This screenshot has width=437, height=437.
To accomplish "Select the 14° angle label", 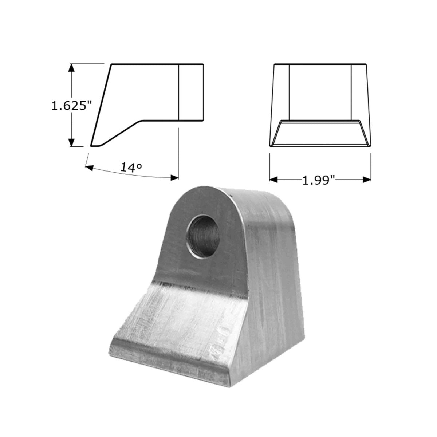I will tap(131, 167).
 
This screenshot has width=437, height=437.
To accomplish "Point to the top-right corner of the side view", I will tap(203, 64).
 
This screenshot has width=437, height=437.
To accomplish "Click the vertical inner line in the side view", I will tap(178, 92).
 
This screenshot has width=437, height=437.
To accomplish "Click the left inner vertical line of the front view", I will tap(289, 92).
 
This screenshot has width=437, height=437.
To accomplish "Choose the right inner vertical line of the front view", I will tap(351, 92).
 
